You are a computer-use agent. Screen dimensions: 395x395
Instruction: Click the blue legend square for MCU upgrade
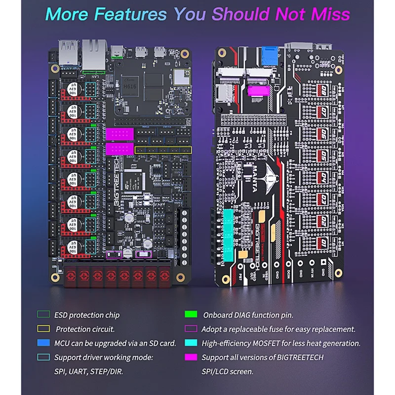42,343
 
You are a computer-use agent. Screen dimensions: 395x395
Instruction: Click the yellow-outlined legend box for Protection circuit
42,329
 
